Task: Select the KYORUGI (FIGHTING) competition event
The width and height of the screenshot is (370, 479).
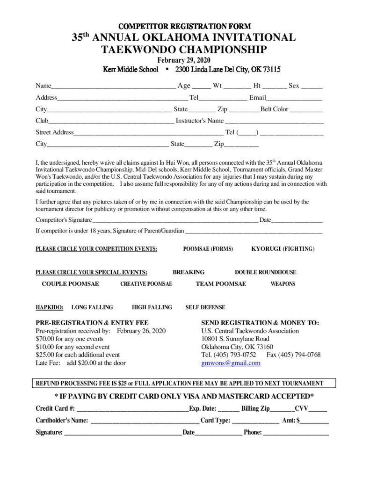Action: point(283,248)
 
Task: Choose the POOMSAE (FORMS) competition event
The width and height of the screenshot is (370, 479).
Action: point(208,248)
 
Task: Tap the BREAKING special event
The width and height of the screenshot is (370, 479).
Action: point(189,272)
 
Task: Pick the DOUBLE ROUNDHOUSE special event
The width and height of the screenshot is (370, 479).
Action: point(265,272)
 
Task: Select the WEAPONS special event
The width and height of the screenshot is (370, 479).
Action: point(283,284)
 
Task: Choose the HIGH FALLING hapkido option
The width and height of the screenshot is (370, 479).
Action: point(152,307)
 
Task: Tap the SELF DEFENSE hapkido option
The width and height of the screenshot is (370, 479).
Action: point(205,307)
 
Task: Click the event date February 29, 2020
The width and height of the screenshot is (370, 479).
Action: point(184,60)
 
